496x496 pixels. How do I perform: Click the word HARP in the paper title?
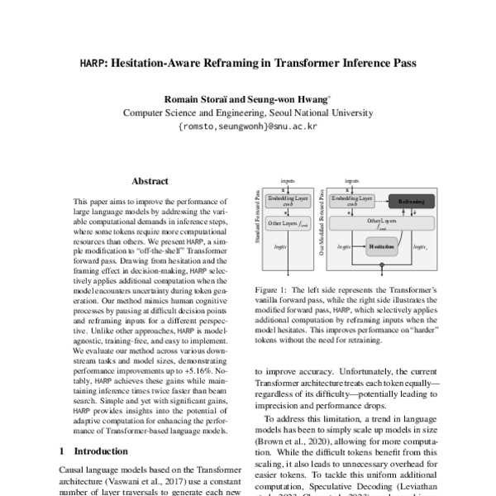tap(92, 62)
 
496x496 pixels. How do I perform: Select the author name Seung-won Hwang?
tap(289, 98)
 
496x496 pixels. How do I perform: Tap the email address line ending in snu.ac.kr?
tap(247, 128)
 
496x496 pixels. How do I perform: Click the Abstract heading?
tap(150, 181)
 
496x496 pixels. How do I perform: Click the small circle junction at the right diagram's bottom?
tap(382, 267)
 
